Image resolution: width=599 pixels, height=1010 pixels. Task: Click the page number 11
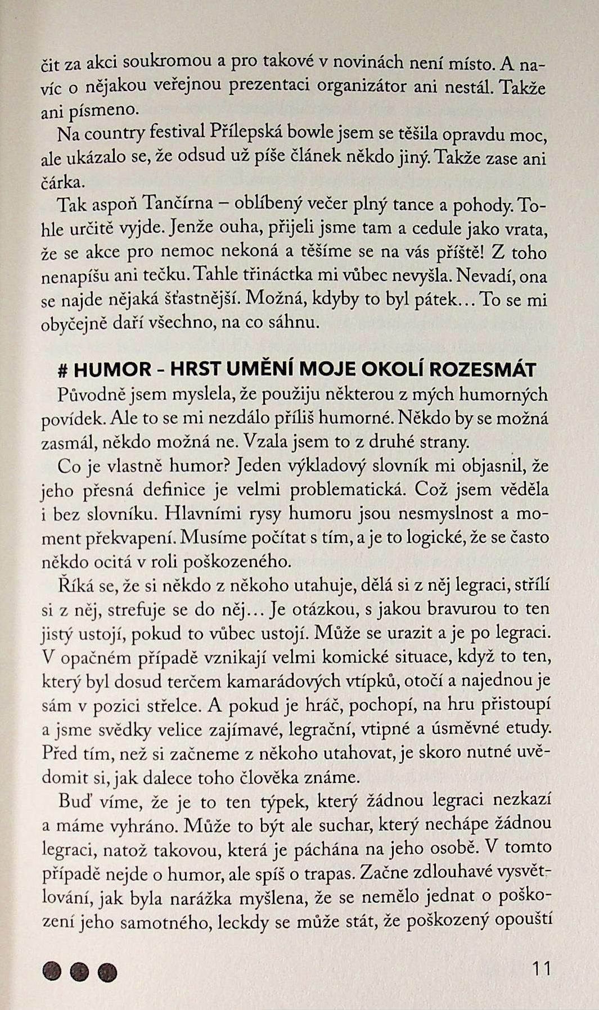coord(541,968)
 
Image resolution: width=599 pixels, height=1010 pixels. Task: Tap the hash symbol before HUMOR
coord(64,370)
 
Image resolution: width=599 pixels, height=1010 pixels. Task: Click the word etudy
coord(529,728)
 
